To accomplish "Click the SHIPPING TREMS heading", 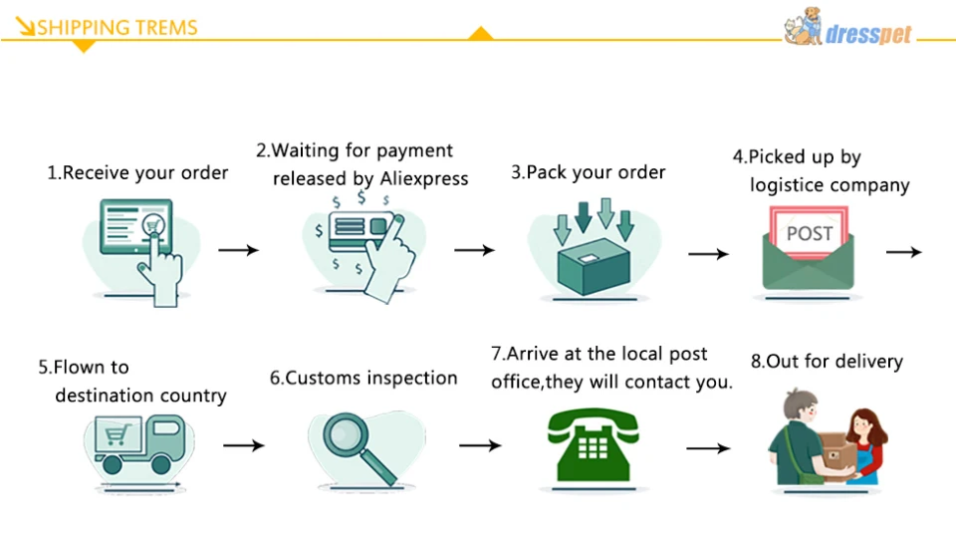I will coord(117,27).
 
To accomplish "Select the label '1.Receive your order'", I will coord(137,172).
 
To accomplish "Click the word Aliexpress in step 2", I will coord(424,178).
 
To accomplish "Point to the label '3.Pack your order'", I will coord(588,172).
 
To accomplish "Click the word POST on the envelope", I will coord(809,233).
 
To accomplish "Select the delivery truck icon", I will coord(137,444).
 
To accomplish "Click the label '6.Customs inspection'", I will coord(363,379).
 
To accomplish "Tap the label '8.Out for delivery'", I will coord(827,361).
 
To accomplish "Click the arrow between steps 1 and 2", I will coord(238,249).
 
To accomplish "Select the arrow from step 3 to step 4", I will coord(708,253).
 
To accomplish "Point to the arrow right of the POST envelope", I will coord(903,252).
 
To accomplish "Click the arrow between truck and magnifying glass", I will coord(244,445).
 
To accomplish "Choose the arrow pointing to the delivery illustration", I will coord(708,448).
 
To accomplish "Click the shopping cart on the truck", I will coord(119,434).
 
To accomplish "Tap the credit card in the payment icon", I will coord(351,227).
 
